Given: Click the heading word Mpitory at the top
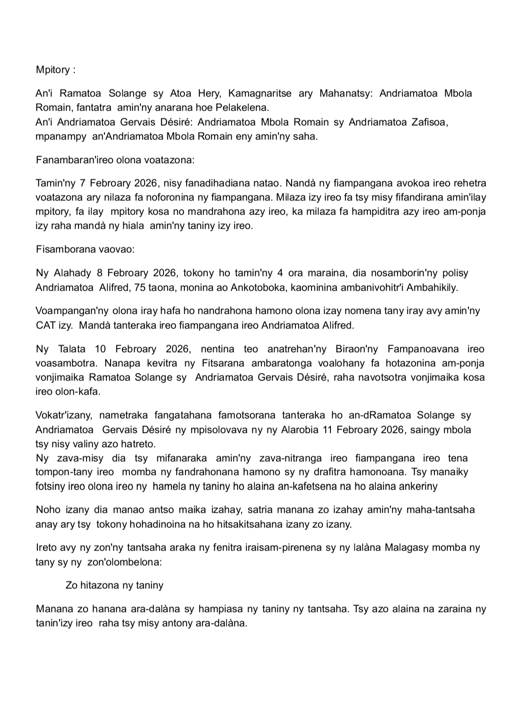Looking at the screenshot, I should tap(52, 70).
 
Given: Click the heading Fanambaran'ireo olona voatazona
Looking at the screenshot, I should tap(115, 160).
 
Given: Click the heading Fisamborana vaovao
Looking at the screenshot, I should tap(85, 249).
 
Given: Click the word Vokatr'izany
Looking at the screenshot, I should tap(66, 415).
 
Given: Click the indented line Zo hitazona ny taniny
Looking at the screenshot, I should tap(114, 585).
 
